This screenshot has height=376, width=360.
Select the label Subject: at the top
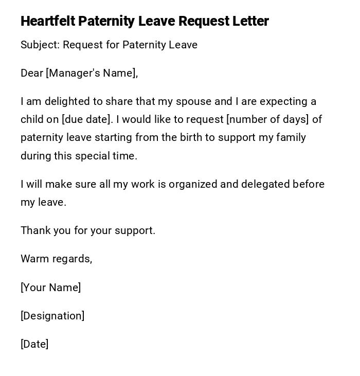[40, 45]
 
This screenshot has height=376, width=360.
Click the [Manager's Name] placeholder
[92, 73]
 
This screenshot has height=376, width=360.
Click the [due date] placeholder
[87, 119]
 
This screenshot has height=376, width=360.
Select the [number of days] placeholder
[267, 119]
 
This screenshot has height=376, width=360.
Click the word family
[291, 137]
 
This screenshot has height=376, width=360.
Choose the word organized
[193, 184]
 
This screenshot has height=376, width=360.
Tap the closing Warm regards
[56, 259]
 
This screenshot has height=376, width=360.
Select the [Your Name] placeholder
[50, 288]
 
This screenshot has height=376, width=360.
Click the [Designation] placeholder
[52, 316]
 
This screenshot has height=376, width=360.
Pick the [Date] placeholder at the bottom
[34, 344]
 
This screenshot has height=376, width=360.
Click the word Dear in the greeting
[31, 73]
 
